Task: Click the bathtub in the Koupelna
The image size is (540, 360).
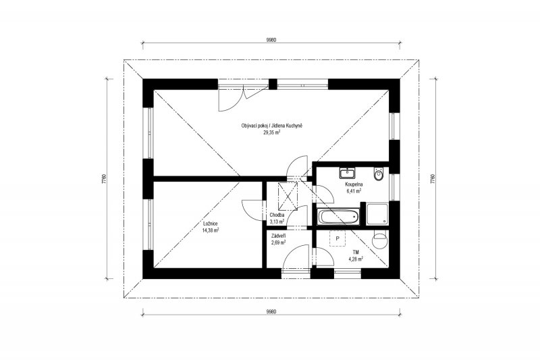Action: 339,217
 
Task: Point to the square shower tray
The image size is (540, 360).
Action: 377,214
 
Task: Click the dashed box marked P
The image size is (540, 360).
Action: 337,238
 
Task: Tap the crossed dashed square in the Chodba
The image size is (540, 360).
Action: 288,195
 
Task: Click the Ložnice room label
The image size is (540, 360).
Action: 210,224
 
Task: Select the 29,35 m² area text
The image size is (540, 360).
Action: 272,132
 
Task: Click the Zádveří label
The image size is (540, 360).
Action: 278,236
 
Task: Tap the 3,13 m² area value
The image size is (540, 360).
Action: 277,222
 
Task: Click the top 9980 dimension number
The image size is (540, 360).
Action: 271,40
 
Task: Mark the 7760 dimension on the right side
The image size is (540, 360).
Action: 433,179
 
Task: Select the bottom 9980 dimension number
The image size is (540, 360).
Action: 271,312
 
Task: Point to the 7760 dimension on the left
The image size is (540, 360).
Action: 105,179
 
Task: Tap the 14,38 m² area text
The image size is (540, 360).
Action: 211,230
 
